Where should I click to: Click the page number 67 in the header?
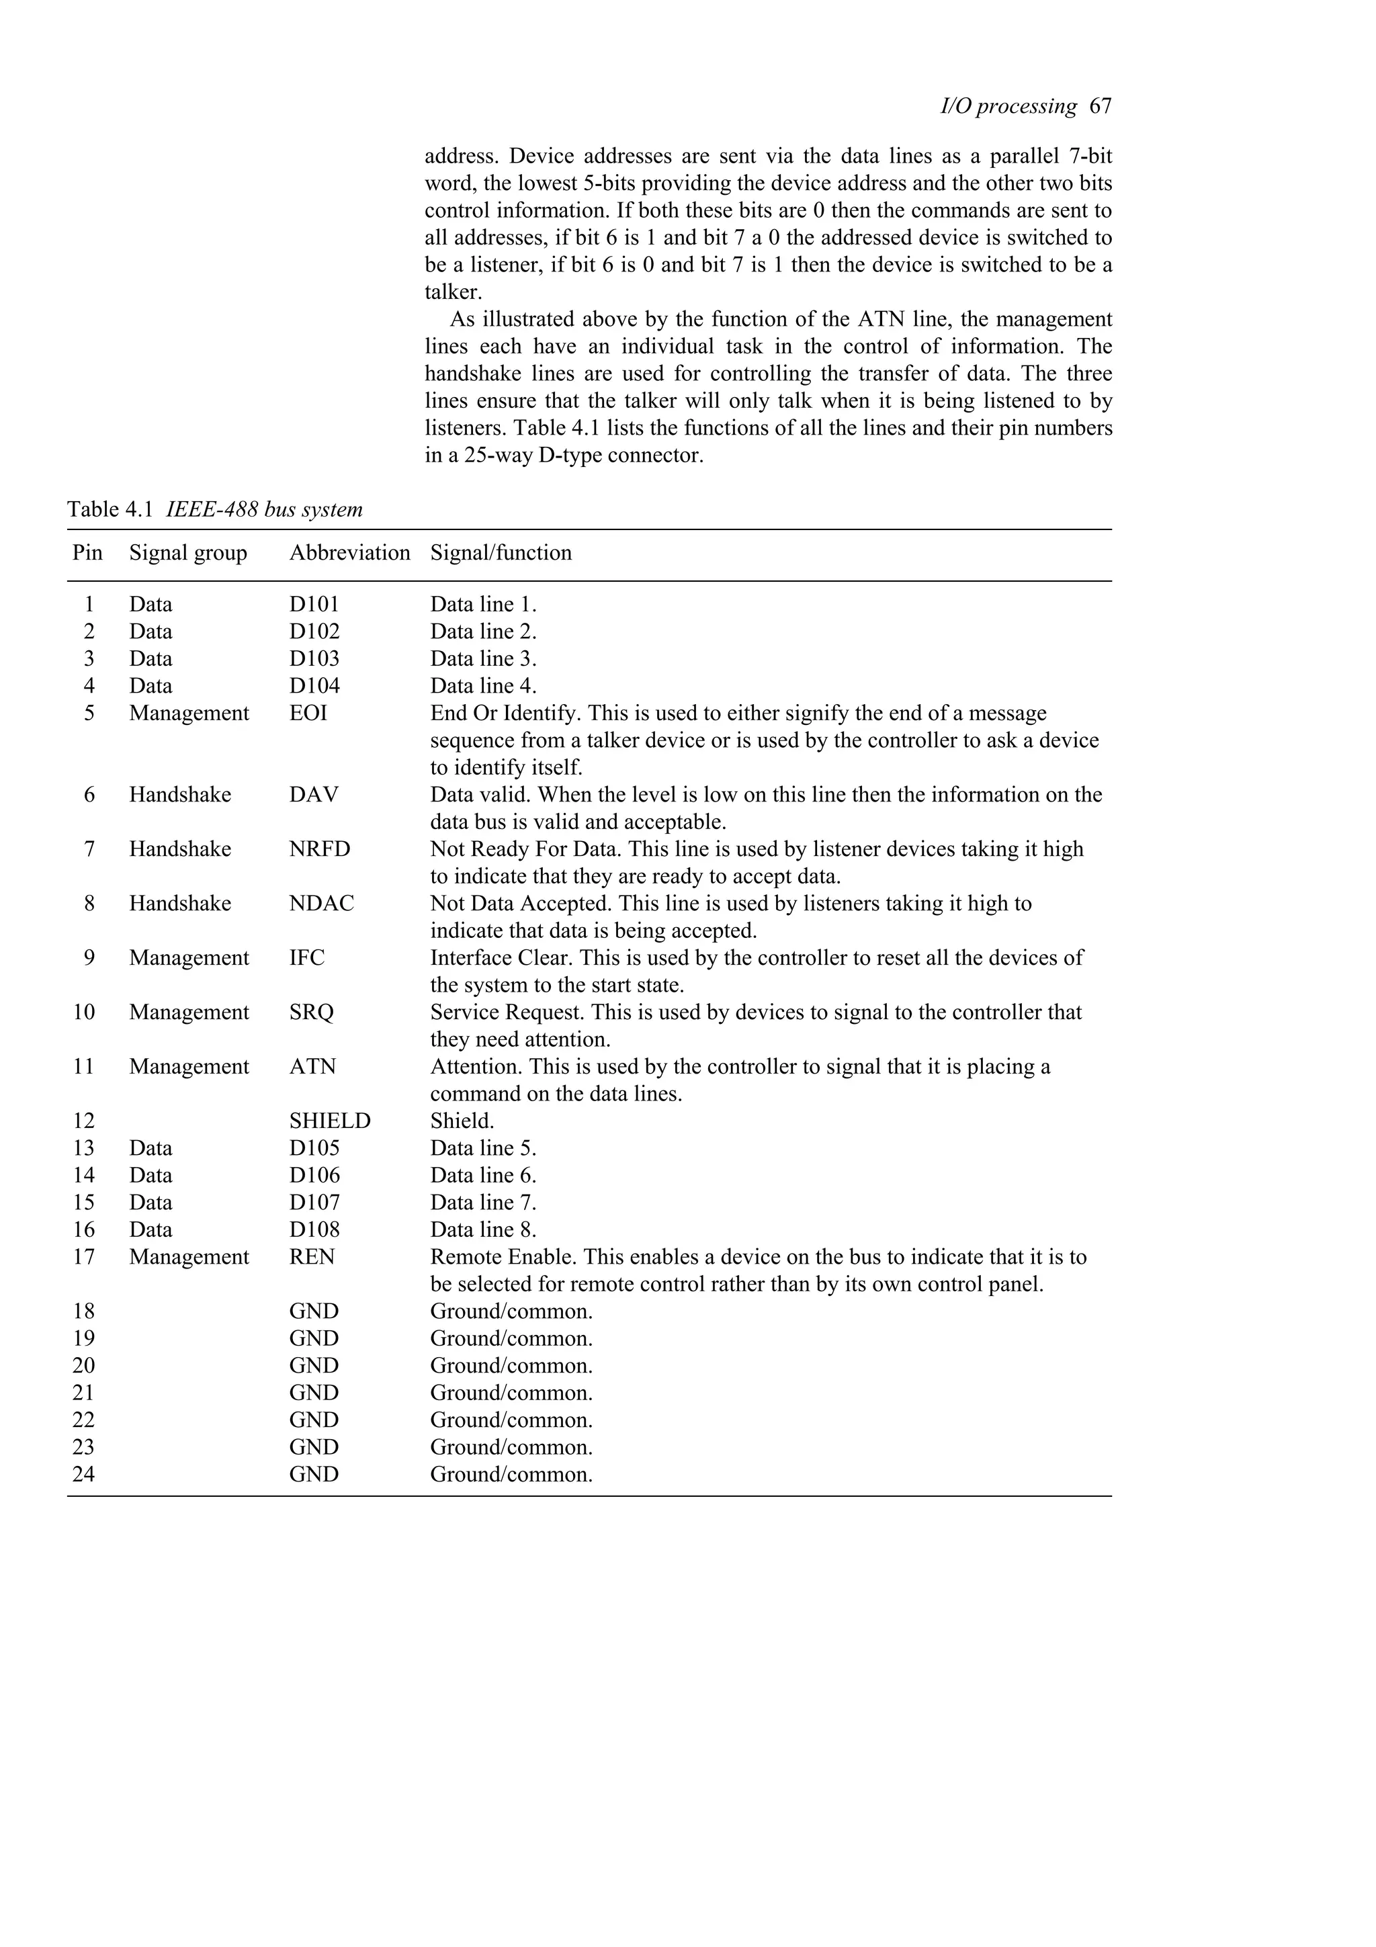(1100, 106)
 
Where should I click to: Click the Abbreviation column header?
(349, 553)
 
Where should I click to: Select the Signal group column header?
(187, 553)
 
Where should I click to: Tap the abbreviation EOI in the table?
(308, 713)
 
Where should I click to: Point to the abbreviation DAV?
(313, 795)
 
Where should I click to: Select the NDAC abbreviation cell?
(320, 903)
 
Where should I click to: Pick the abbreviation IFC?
(306, 957)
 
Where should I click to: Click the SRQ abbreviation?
(311, 1012)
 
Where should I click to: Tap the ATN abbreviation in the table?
(312, 1066)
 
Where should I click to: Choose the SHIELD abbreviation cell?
(329, 1120)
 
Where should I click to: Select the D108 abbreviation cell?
(314, 1229)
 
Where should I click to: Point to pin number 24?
(83, 1474)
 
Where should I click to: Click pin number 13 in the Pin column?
(83, 1148)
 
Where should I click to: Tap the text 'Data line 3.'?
(482, 659)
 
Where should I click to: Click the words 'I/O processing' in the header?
(1008, 106)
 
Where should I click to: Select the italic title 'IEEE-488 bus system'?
(263, 510)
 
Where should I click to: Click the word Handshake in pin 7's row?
(180, 849)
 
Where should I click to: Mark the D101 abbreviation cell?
(314, 605)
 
